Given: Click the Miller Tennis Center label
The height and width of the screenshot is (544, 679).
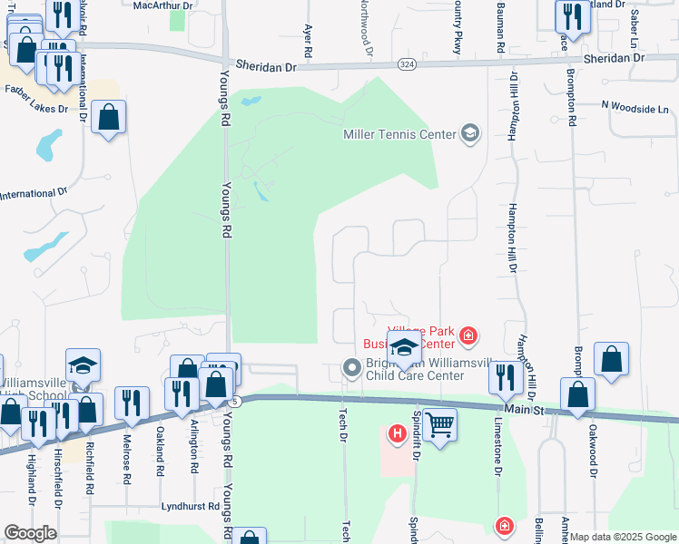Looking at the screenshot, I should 399,134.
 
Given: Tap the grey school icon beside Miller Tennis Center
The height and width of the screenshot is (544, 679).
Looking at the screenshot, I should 469,134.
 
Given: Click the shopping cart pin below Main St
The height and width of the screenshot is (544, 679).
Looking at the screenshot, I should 438,423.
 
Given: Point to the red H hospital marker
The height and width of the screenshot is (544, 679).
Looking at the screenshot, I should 397,435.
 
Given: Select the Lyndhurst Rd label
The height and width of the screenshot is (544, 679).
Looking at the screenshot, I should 191,507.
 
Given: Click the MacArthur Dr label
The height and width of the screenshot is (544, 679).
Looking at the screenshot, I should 163,5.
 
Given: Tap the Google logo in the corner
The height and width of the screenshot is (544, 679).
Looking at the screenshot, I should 30,533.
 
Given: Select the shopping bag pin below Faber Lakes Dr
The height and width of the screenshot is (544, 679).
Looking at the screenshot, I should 108,117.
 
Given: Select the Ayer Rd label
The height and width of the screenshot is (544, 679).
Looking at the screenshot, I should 309,42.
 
